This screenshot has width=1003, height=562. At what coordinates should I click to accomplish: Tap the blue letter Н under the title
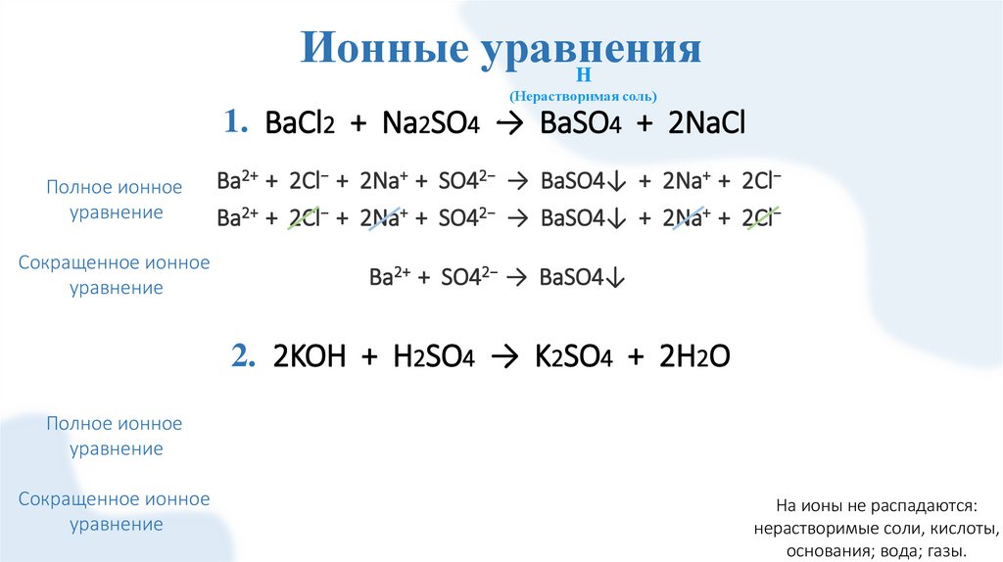(x=582, y=75)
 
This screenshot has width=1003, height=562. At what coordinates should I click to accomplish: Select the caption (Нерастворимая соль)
(x=582, y=96)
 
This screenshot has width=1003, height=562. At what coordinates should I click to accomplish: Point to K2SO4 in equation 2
(x=573, y=358)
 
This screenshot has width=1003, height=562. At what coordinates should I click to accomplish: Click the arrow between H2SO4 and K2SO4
(x=504, y=358)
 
